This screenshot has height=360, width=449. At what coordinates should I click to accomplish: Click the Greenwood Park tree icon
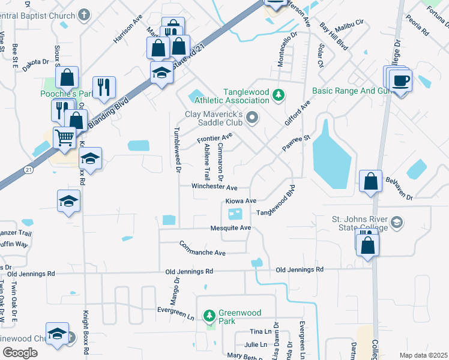point(209,314)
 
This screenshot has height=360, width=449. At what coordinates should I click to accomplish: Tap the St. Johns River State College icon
point(396,223)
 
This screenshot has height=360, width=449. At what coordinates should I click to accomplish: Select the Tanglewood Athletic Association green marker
point(278,95)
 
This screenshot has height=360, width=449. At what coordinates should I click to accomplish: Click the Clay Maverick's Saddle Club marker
point(252,118)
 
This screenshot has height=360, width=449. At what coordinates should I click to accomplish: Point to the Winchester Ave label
point(214,187)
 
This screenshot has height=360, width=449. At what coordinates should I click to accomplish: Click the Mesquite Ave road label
point(230,228)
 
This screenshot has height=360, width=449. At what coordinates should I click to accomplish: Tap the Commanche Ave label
point(202,248)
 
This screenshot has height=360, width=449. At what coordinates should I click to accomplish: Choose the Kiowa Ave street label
point(241,200)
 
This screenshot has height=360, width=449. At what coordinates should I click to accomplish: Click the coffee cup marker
point(401,80)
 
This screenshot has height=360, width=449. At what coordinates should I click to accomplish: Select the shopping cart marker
point(64,137)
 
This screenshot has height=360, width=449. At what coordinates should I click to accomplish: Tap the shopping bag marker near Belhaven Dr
point(371,181)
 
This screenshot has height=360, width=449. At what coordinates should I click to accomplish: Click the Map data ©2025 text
point(423,355)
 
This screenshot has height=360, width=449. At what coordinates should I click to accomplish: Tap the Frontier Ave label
point(214,140)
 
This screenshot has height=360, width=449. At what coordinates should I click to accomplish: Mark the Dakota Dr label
point(37,61)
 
